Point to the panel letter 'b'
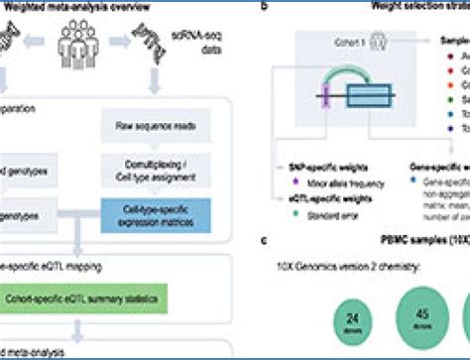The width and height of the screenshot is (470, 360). pyautogui.click(x=262, y=7)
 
